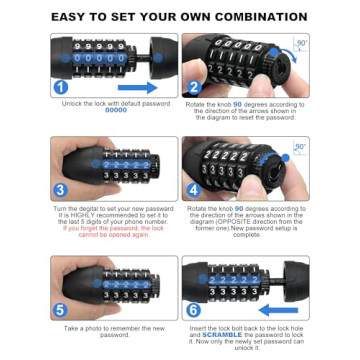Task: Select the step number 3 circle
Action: (x=61, y=188)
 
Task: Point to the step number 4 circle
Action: (x=195, y=188)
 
